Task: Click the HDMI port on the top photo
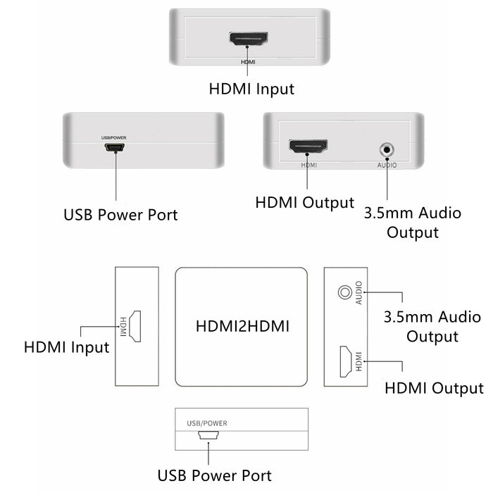248,39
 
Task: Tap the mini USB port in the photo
116,149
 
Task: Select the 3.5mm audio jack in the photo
386,149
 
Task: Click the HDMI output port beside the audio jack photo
308,147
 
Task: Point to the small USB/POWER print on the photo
115,136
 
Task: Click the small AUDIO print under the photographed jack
386,165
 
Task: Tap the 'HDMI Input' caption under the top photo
251,89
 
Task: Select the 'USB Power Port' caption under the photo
120,214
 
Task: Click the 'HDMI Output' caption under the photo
304,203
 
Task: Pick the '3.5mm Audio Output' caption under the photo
413,222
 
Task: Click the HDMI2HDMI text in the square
242,326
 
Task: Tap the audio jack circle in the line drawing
345,291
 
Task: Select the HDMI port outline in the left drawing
135,326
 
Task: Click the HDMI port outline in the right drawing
347,360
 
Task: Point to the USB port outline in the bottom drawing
208,437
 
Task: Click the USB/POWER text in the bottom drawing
207,423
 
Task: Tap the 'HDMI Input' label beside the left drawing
66,347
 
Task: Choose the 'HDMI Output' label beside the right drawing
434,388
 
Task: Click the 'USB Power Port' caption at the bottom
215,475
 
